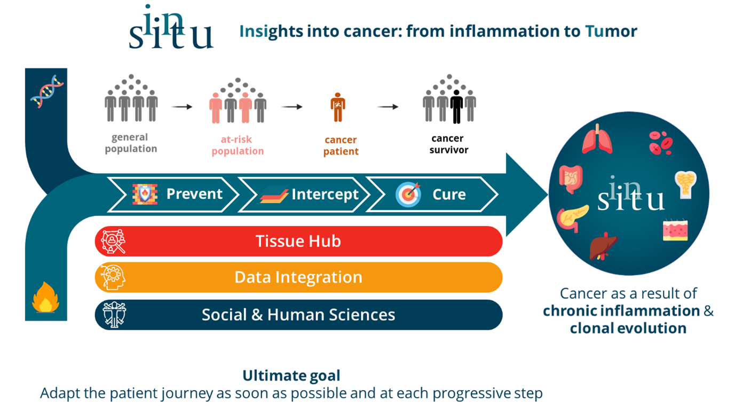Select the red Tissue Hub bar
[298, 241]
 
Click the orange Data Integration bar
[298, 277]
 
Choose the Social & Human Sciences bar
[298, 314]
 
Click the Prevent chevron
[173, 194]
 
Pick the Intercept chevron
[304, 195]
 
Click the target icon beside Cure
[408, 195]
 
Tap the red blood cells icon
[660, 142]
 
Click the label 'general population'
[131, 143]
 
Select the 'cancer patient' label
[341, 145]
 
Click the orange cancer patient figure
[337, 107]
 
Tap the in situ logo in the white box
[171, 27]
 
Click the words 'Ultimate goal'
[291, 376]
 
